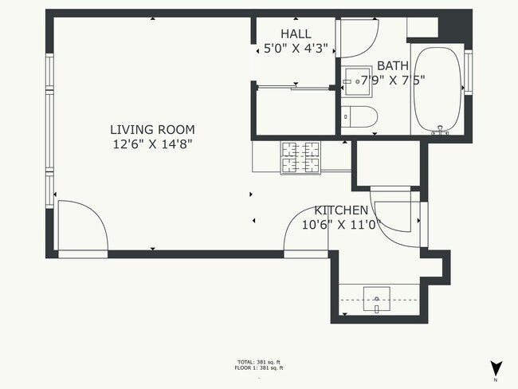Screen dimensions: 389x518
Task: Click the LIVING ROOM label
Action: click(x=152, y=129)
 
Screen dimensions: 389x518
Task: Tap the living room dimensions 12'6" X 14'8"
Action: click(x=152, y=144)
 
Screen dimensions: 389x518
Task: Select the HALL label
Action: click(x=296, y=33)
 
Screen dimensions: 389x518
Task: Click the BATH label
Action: click(x=392, y=65)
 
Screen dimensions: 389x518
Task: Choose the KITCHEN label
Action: click(x=341, y=210)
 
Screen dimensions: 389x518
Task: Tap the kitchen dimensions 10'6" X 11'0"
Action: click(x=341, y=225)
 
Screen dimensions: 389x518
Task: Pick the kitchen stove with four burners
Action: click(x=300, y=156)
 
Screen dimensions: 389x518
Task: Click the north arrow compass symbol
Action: click(x=496, y=368)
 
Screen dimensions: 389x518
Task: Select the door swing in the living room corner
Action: click(x=80, y=225)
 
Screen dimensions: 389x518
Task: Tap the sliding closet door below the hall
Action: click(x=293, y=87)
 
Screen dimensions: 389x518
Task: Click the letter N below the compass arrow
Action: click(x=496, y=380)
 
